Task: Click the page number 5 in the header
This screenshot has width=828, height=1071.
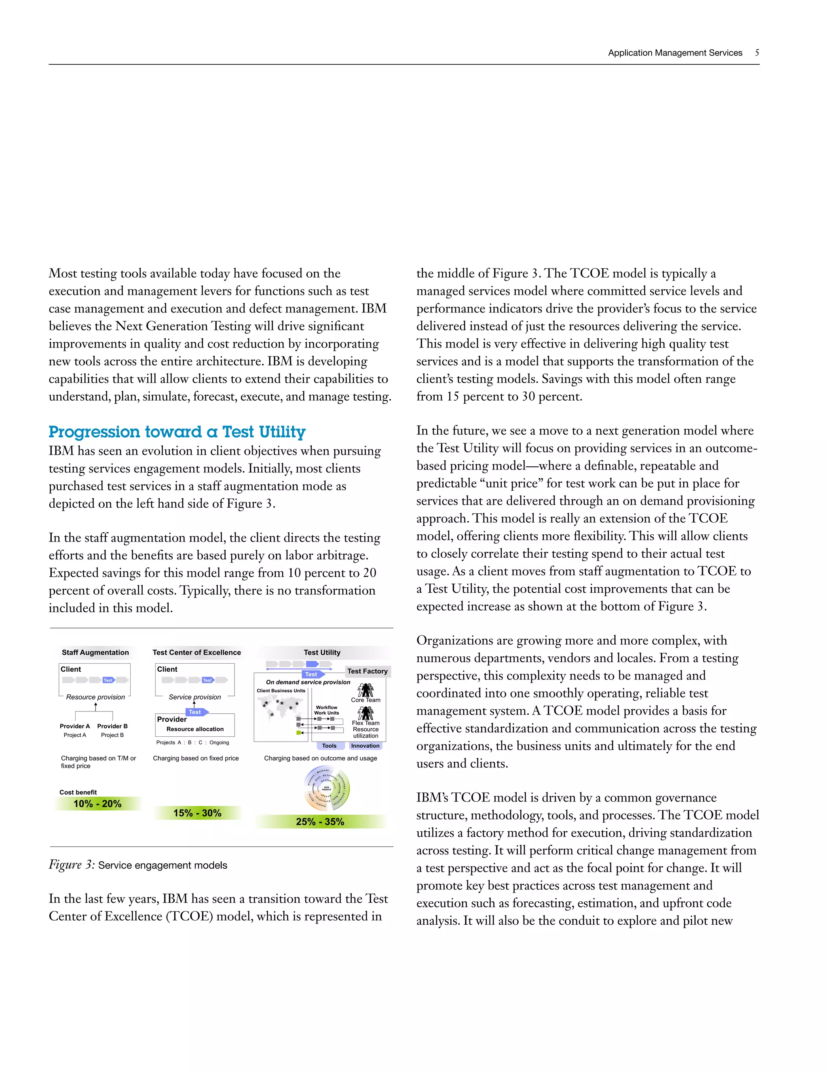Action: pyautogui.click(x=757, y=53)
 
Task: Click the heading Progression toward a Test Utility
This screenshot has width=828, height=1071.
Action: pyautogui.click(x=177, y=432)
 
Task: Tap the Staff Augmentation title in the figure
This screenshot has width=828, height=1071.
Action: pyautogui.click(x=95, y=652)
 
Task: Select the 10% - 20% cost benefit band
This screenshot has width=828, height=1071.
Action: pyautogui.click(x=97, y=804)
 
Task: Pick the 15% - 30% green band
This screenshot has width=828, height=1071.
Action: pyautogui.click(x=197, y=813)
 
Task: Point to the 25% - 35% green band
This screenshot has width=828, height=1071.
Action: pyautogui.click(x=320, y=821)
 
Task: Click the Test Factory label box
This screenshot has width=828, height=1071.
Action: pyautogui.click(x=368, y=671)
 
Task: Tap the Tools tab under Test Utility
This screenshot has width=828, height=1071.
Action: pyautogui.click(x=329, y=745)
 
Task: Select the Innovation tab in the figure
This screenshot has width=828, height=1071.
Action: pyautogui.click(x=365, y=745)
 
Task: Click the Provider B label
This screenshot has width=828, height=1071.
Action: pyautogui.click(x=112, y=726)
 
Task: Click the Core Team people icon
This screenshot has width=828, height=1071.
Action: pyautogui.click(x=365, y=690)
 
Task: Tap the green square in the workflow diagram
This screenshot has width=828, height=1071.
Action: pyautogui.click(x=298, y=733)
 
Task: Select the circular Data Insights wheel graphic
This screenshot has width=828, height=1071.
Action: pyautogui.click(x=327, y=788)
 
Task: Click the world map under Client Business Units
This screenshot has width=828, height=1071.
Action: pyautogui.click(x=281, y=706)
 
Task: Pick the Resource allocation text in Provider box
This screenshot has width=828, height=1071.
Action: pyautogui.click(x=195, y=729)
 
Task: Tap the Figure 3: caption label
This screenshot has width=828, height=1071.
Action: pyautogui.click(x=72, y=864)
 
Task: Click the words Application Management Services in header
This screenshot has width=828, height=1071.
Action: pyautogui.click(x=675, y=53)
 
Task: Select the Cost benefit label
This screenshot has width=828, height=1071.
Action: pyautogui.click(x=78, y=792)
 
